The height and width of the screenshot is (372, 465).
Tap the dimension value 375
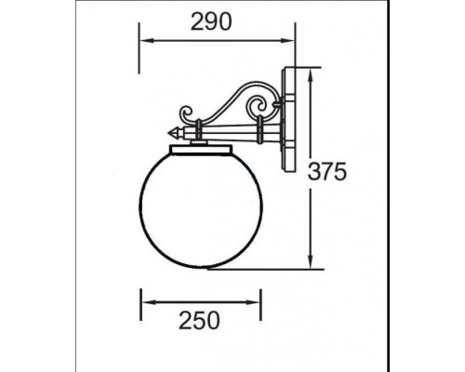coord(329,170)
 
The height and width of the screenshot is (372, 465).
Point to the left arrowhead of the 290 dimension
coord(143,42)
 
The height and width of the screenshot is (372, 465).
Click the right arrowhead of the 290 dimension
coord(289,42)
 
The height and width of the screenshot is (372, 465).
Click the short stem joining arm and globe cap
coord(198,139)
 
